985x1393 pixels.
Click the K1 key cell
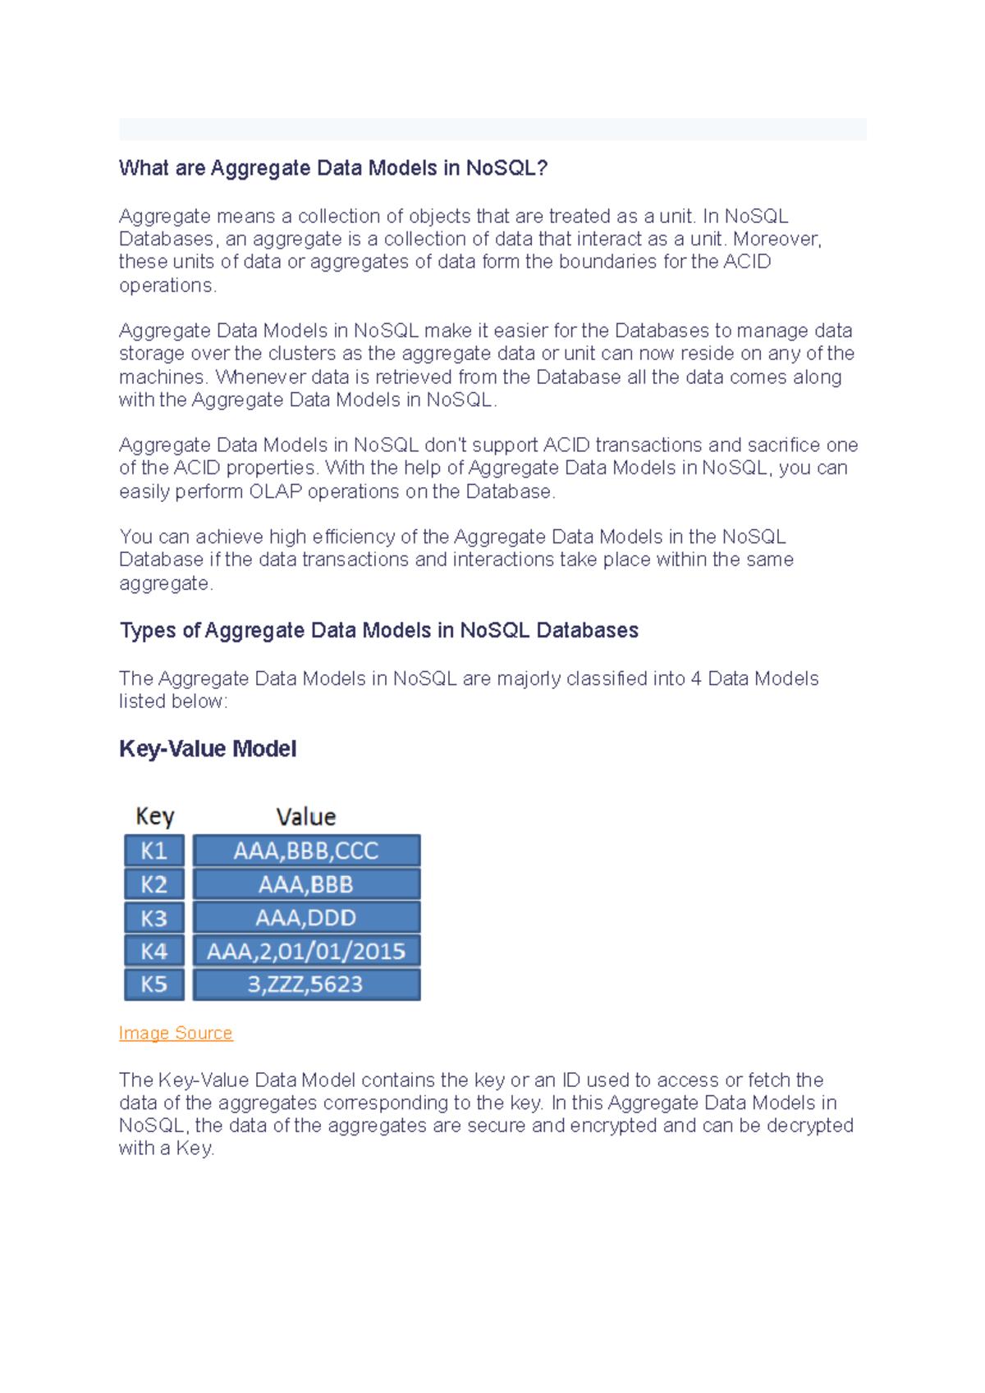154,851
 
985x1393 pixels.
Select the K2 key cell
154,884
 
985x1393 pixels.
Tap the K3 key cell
154,918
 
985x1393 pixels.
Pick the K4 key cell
154,952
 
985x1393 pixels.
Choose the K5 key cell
154,984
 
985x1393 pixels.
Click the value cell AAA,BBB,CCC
306,851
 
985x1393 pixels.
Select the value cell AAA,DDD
306,918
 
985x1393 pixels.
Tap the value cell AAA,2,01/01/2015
306,952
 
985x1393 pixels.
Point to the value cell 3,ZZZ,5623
306,984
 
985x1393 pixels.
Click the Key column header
154,817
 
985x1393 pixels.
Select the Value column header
306,817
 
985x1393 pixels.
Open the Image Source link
176,1033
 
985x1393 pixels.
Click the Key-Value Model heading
208,749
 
